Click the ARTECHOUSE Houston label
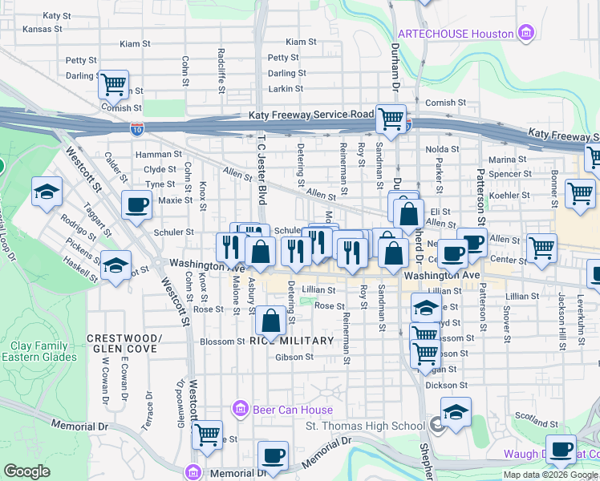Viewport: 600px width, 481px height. coord(456,34)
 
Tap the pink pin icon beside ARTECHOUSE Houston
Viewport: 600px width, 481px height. coord(526,33)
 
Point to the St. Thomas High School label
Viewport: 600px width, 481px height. coord(365,426)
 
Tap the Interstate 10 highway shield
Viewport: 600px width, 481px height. coord(137,127)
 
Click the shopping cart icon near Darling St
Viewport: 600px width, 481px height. coord(114,83)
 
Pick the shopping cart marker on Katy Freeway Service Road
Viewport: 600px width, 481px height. coord(391,119)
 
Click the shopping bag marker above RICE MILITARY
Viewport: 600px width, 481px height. coord(271,321)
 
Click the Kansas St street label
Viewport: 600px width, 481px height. coord(43,29)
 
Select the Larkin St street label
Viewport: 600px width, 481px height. coord(283,88)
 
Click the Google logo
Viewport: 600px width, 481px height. coord(26,471)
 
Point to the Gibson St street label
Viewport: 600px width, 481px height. coord(293,357)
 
